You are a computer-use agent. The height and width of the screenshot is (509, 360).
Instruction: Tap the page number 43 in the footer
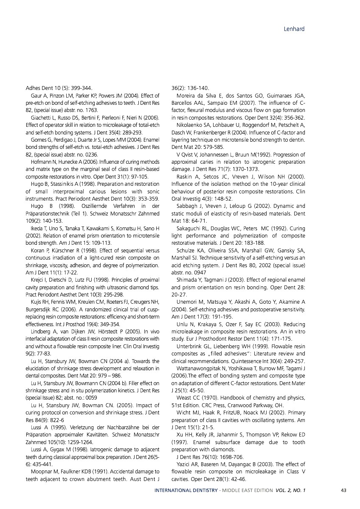point(344,490)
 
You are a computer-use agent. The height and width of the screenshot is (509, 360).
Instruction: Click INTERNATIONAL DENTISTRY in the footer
point(186,490)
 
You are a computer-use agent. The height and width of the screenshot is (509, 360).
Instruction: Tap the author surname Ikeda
point(37,229)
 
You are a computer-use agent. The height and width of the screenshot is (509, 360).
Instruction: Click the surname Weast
point(185,397)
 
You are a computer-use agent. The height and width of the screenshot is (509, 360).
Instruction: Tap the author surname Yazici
point(184,464)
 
